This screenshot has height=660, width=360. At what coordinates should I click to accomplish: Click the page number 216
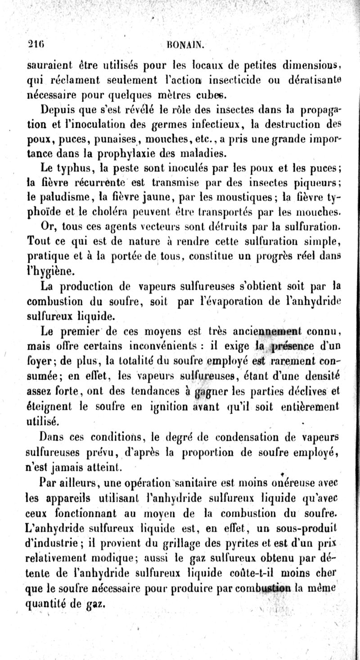33,45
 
